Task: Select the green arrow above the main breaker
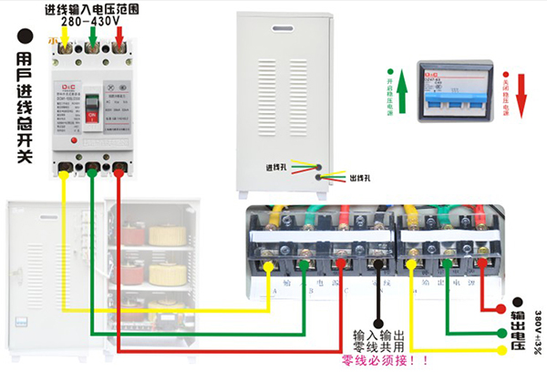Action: tap(92, 39)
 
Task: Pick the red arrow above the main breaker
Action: tap(119, 39)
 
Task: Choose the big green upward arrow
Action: tap(388, 88)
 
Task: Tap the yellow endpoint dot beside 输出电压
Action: tap(501, 350)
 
